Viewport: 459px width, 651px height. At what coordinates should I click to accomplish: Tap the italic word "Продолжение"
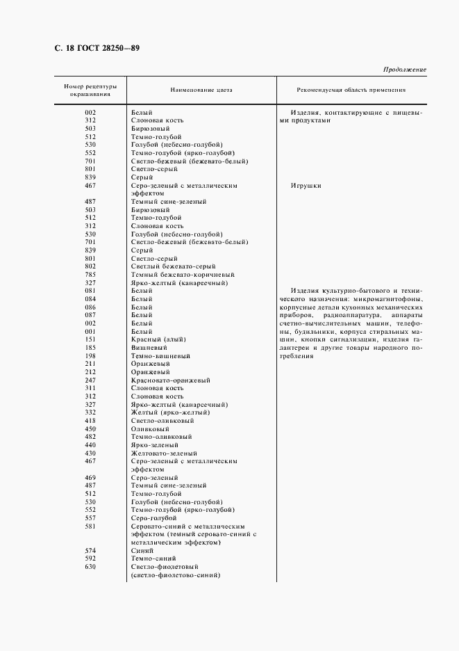click(x=404, y=70)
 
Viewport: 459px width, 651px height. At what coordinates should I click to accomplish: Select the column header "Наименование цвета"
click(x=201, y=90)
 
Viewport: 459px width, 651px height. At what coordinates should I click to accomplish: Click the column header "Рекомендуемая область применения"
click(x=351, y=90)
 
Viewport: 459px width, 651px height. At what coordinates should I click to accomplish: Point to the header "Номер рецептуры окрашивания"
click(x=90, y=90)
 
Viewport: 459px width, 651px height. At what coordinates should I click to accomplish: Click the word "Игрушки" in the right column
click(x=306, y=186)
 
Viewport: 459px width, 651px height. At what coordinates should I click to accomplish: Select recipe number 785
click(x=90, y=275)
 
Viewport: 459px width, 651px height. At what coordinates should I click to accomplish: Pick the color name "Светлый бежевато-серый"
click(x=172, y=266)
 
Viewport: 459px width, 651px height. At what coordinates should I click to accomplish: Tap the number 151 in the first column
click(x=90, y=339)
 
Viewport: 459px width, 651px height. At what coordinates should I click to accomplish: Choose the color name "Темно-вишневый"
click(x=156, y=355)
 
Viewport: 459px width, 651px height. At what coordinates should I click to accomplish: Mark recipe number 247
click(x=90, y=380)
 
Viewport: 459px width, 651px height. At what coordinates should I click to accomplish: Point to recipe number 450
click(x=90, y=428)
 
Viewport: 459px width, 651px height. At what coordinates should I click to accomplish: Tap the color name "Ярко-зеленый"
click(x=155, y=444)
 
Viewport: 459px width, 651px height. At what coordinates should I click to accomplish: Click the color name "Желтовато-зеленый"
click(x=163, y=453)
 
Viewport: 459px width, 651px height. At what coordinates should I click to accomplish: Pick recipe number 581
click(x=90, y=526)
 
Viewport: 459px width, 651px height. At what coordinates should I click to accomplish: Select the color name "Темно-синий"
click(x=151, y=558)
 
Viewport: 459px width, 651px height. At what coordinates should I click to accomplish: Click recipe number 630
click(x=90, y=566)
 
